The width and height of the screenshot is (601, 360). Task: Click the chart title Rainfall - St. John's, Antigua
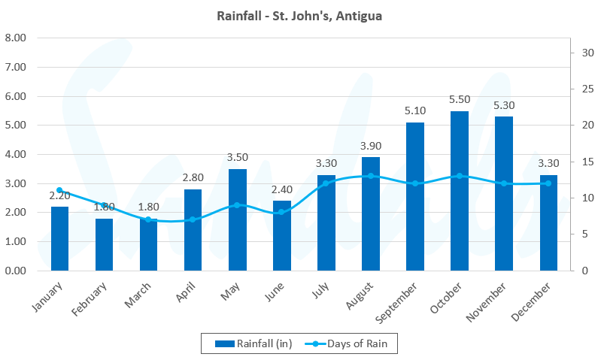click(x=300, y=15)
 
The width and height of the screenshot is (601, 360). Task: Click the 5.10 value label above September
click(x=415, y=110)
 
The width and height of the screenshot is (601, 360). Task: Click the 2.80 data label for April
click(x=193, y=177)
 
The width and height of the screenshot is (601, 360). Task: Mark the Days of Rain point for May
click(x=238, y=205)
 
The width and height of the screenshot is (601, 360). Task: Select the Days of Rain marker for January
click(x=59, y=190)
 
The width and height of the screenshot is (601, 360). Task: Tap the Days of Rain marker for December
click(x=548, y=183)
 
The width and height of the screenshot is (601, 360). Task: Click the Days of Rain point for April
click(x=193, y=219)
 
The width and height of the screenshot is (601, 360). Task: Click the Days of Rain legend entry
click(x=351, y=343)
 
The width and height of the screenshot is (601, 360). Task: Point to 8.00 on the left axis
click(x=16, y=38)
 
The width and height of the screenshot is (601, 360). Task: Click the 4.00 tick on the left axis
click(x=16, y=154)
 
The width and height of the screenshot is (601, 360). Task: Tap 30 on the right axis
click(x=582, y=53)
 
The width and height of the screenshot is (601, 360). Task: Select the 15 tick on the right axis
click(x=582, y=162)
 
